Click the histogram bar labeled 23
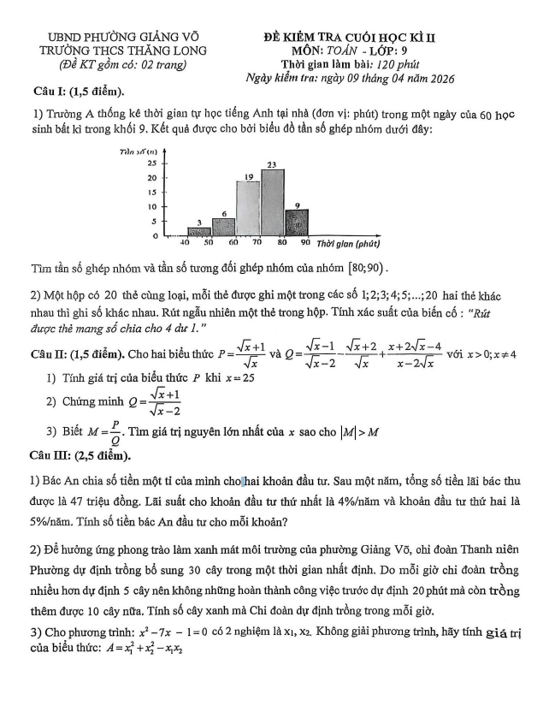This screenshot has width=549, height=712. [273, 202]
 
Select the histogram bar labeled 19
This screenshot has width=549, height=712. [248, 208]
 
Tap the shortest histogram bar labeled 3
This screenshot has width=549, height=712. [199, 231]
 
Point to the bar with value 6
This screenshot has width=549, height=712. [224, 227]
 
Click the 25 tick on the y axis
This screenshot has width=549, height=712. [152, 162]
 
